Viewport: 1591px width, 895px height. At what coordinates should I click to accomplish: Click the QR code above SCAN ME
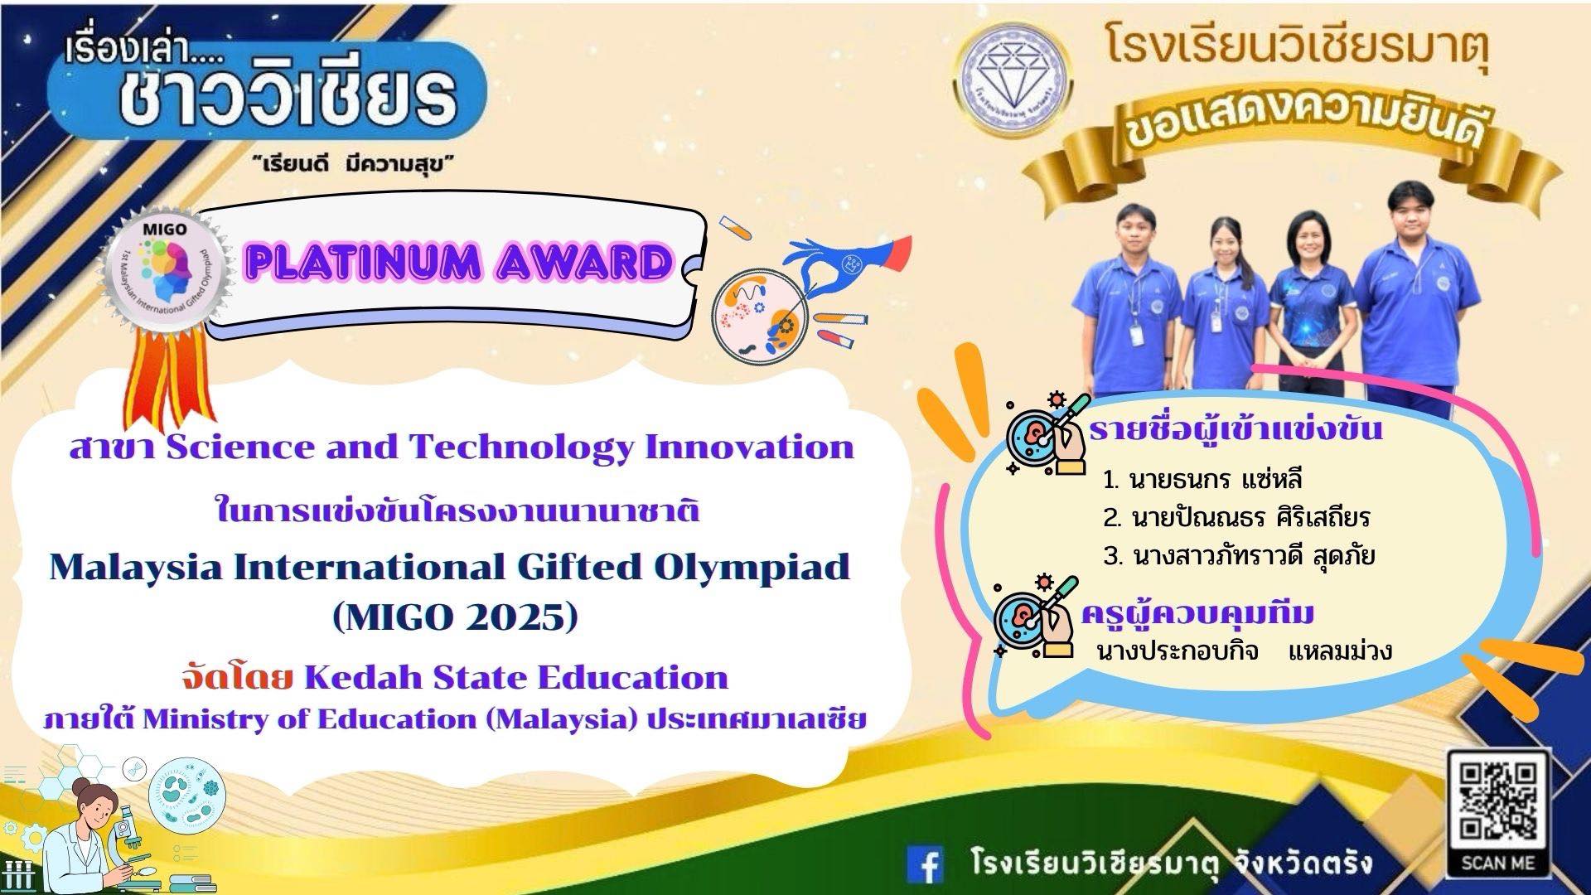click(x=1498, y=802)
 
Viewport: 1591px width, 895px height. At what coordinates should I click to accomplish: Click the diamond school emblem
click(x=1014, y=83)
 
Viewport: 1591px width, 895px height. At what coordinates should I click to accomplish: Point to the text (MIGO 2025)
click(x=454, y=617)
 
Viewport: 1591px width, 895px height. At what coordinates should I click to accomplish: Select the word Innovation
click(x=750, y=447)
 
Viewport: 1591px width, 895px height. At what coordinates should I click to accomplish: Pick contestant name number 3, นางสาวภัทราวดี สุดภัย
click(x=1240, y=556)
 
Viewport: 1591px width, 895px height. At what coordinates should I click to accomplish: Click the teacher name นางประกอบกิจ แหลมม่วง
click(x=1244, y=651)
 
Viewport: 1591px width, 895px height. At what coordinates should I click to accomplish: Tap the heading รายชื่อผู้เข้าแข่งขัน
click(x=1236, y=430)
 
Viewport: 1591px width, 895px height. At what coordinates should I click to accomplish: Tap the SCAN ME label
click(x=1498, y=862)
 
